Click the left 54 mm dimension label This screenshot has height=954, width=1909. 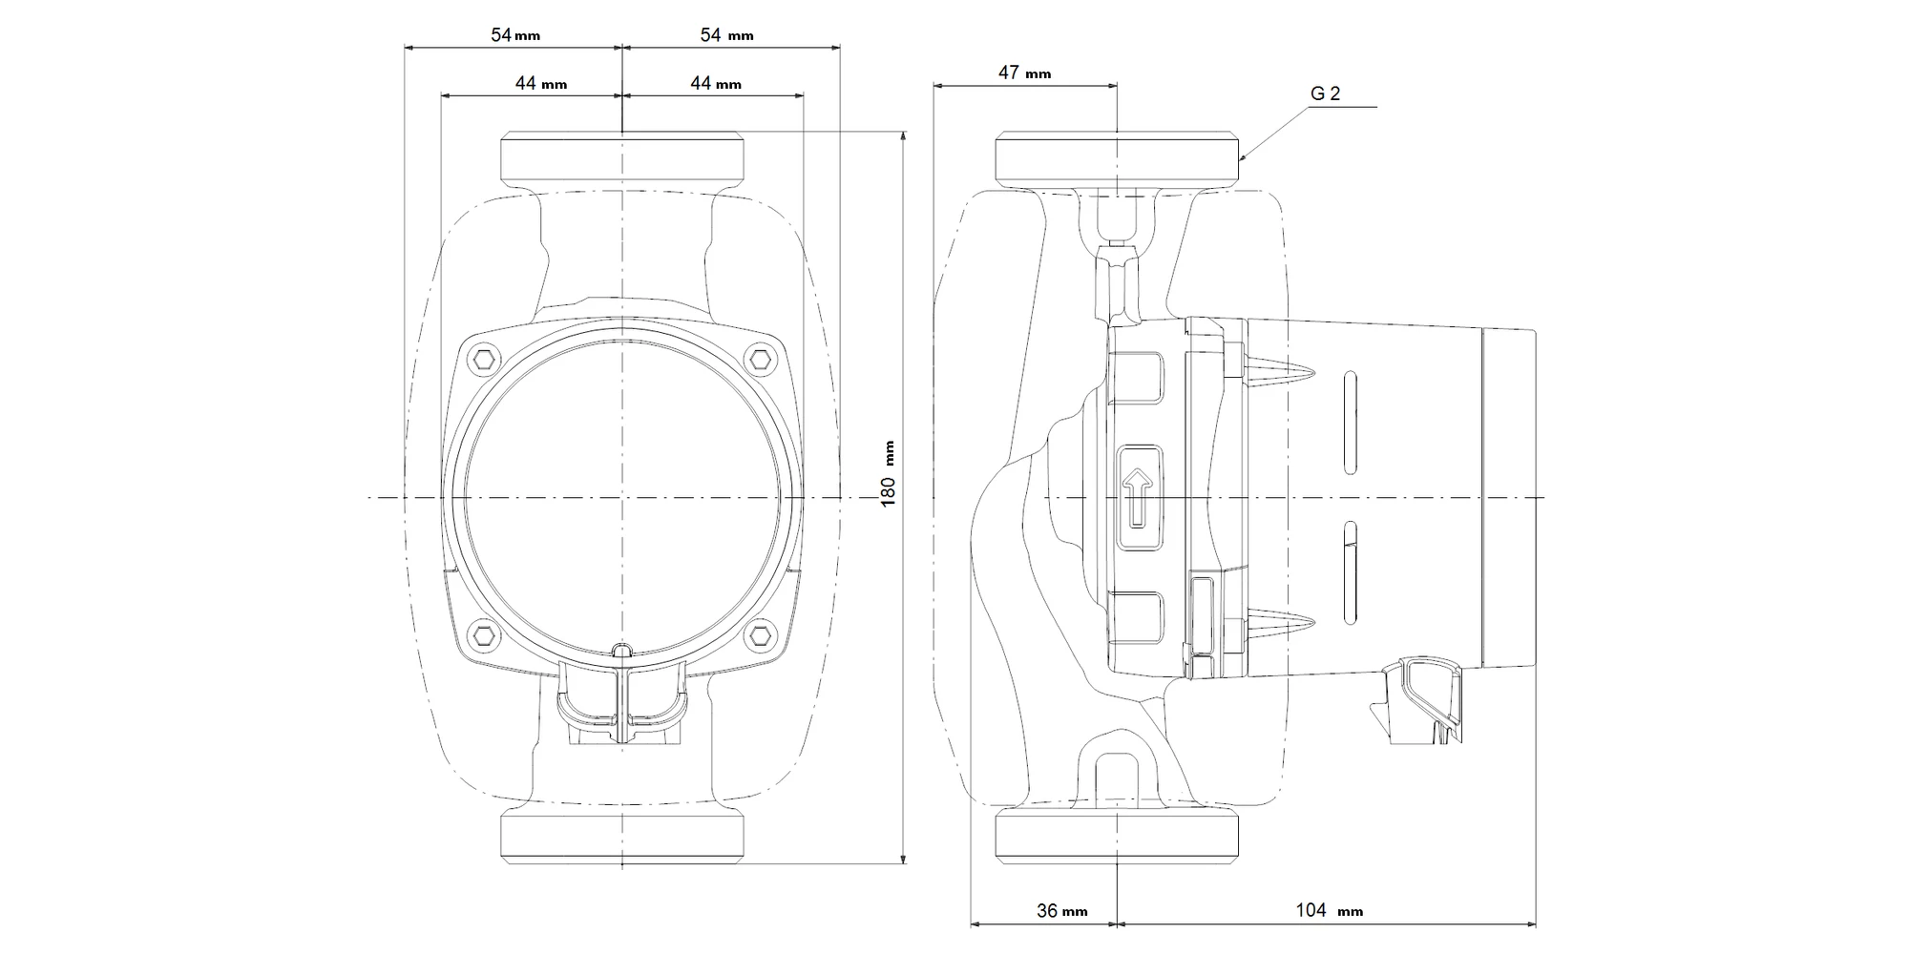tap(515, 35)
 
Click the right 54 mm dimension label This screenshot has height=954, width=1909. tap(726, 35)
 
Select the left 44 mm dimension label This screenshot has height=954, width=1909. tap(540, 84)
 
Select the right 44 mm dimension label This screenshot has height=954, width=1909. tap(716, 84)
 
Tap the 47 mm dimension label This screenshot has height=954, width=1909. tap(1024, 73)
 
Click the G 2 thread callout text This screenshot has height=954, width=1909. tap(1325, 93)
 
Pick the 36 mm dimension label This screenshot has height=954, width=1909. tap(1061, 911)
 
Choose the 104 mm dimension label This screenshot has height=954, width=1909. tap(1329, 910)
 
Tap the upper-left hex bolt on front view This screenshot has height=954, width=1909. tap(486, 359)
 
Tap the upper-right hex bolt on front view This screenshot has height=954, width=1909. tap(759, 359)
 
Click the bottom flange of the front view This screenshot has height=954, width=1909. tap(622, 837)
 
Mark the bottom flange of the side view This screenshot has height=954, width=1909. tap(1117, 837)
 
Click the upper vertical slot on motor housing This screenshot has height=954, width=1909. tap(1350, 423)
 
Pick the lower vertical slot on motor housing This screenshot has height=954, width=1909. tap(1350, 572)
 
